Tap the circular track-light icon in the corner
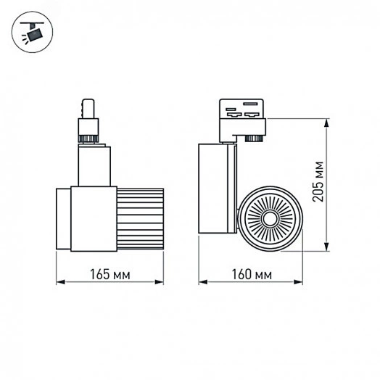pos(31,31)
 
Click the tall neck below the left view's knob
pos(94,164)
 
